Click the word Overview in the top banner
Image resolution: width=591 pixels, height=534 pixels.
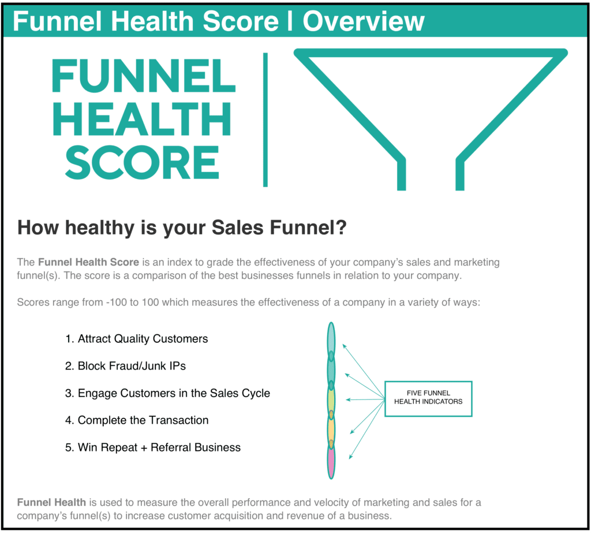tap(364, 21)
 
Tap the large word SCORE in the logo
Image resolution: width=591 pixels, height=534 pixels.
tap(142, 162)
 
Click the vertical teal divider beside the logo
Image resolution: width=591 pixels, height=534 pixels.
tap(265, 120)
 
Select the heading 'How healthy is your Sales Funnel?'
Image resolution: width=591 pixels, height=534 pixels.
tap(182, 227)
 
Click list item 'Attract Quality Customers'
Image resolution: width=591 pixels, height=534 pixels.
tap(143, 339)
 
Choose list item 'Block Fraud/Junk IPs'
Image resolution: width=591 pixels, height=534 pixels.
tap(132, 366)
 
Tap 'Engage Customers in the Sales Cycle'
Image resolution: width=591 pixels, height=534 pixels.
tap(173, 393)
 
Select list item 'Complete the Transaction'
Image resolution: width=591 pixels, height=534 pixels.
tap(143, 420)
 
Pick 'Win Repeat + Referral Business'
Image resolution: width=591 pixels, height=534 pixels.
tap(159, 447)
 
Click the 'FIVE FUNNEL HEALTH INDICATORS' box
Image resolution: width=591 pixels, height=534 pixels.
tap(428, 398)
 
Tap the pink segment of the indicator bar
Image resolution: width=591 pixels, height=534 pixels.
tap(331, 461)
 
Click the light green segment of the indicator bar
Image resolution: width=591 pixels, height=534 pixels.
tap(331, 399)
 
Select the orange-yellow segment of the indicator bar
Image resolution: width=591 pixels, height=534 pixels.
tap(331, 430)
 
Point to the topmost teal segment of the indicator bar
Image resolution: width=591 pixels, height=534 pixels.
tap(331, 341)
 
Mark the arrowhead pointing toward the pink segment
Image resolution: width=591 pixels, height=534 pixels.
tap(351, 457)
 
